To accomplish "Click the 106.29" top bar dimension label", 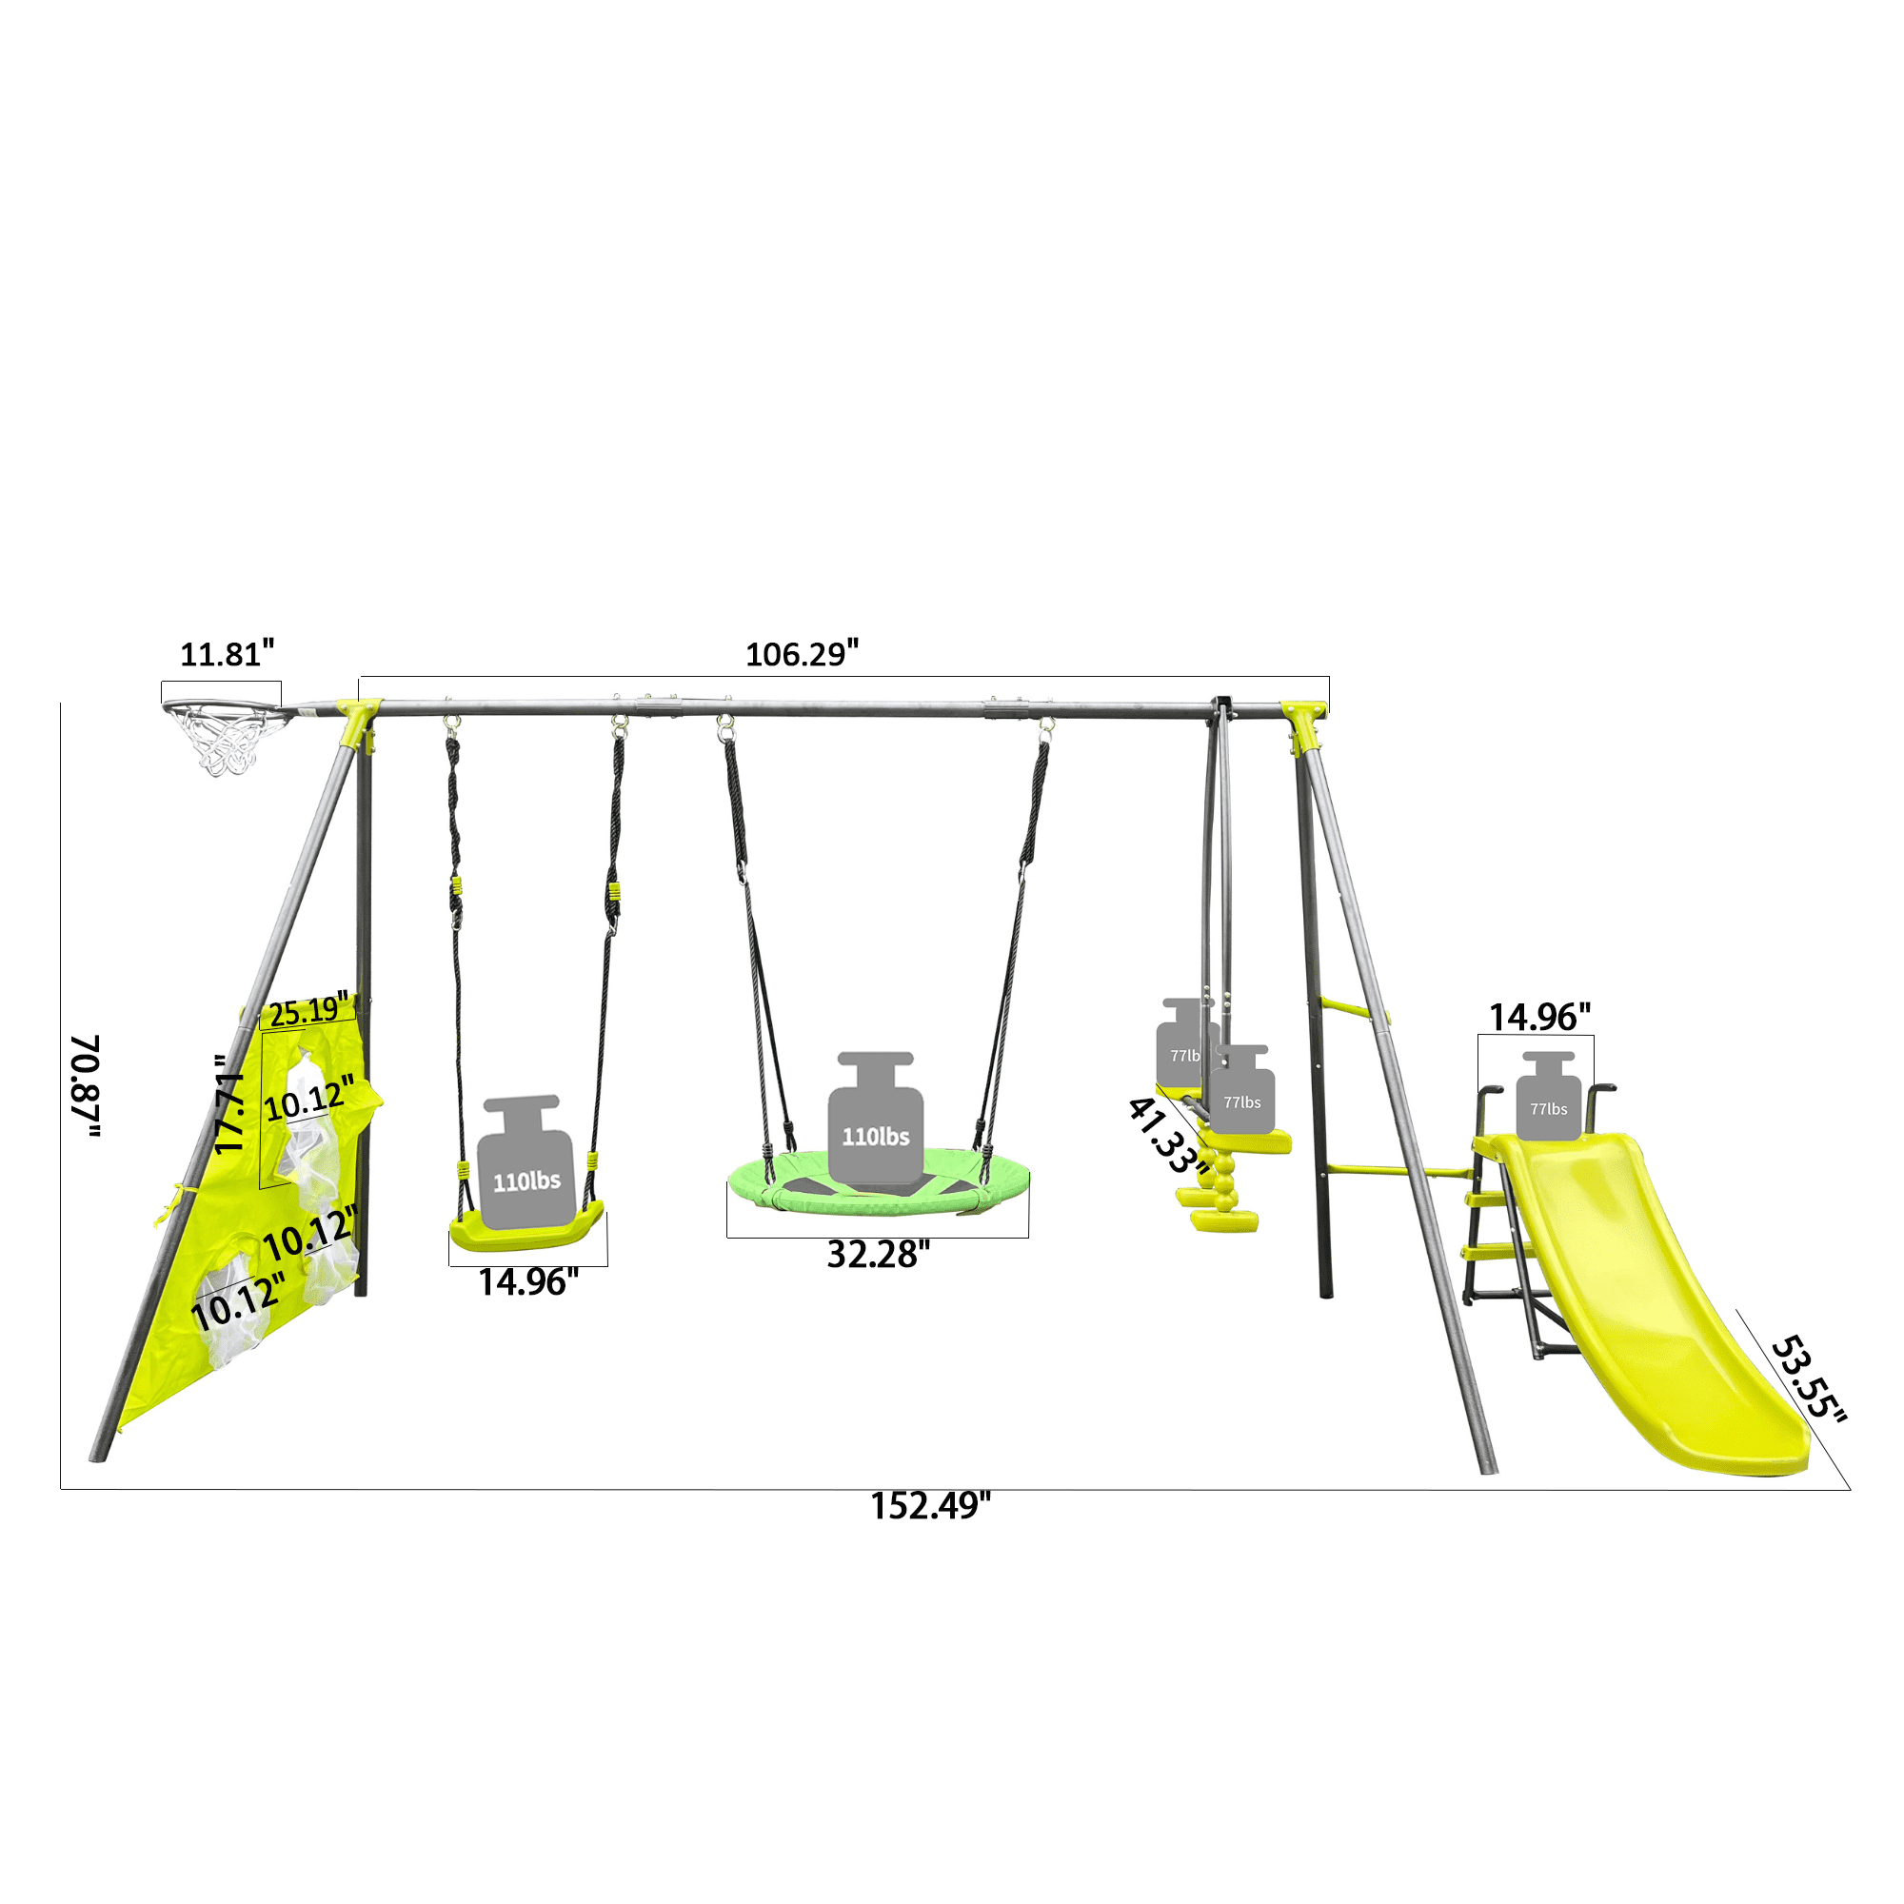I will click(802, 653).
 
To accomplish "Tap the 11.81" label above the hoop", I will click(227, 653).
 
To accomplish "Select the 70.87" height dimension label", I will click(86, 1086).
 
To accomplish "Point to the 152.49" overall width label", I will click(929, 1506).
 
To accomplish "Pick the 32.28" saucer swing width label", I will click(878, 1255).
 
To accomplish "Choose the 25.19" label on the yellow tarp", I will click(308, 1010).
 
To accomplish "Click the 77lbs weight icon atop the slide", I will click(1547, 1096).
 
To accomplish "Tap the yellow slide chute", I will click(1656, 1300).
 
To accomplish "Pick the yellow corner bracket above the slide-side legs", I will click(1304, 724).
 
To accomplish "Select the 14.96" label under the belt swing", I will click(528, 1282).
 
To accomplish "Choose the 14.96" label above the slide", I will click(1538, 1017).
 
